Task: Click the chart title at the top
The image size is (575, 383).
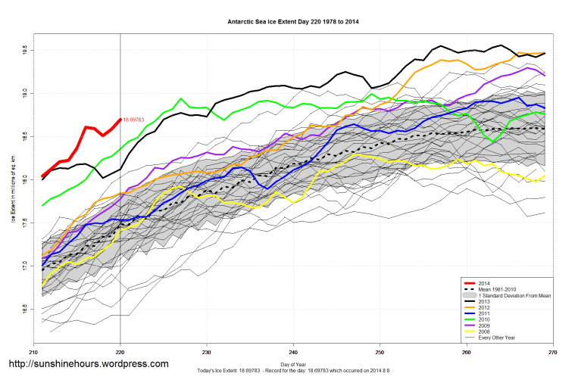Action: tap(293, 21)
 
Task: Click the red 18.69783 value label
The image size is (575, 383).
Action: tap(133, 120)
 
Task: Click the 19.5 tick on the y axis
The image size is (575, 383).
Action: tap(25, 50)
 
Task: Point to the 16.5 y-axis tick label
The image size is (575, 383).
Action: tap(25, 310)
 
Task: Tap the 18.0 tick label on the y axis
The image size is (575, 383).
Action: tap(25, 180)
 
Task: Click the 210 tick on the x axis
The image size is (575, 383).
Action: tap(33, 353)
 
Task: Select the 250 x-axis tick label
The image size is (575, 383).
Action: tap(380, 353)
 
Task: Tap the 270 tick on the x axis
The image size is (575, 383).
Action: tap(552, 353)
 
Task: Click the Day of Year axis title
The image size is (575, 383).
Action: tap(292, 365)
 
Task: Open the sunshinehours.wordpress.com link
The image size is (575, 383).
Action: tap(88, 364)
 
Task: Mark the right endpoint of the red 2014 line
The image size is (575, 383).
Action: tap(120, 119)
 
